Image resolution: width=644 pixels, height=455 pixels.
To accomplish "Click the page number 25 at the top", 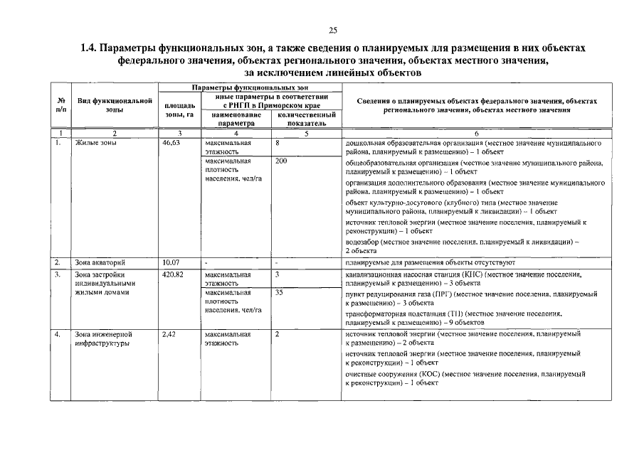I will (332, 29).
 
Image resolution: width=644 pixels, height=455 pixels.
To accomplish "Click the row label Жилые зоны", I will (96, 143).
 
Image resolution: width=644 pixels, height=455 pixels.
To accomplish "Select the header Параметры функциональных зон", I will (250, 87).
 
